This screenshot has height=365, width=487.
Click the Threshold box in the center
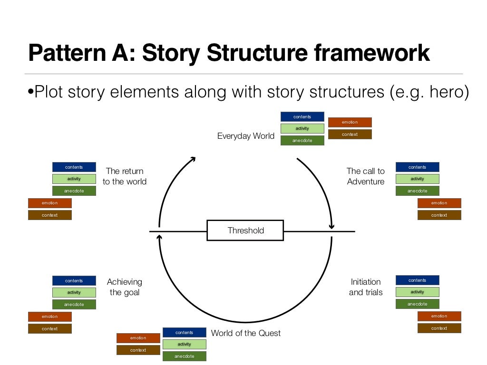(x=245, y=231)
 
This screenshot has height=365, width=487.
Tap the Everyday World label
(x=245, y=136)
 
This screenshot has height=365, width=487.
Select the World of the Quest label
(x=245, y=333)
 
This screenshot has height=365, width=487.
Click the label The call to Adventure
(x=365, y=176)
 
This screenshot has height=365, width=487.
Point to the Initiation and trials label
(x=365, y=287)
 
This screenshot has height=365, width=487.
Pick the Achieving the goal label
(x=125, y=287)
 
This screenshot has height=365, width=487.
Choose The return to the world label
(x=125, y=176)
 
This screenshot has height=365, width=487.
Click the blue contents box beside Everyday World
(x=302, y=117)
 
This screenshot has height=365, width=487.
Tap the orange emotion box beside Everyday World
(x=350, y=123)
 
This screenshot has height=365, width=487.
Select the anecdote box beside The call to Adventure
(x=417, y=191)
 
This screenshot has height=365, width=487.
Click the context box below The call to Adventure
(x=439, y=215)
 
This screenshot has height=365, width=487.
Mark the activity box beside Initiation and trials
(x=417, y=292)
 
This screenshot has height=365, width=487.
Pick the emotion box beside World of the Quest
(x=138, y=338)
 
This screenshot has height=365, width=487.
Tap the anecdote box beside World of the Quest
(x=184, y=356)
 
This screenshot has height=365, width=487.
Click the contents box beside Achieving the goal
(x=74, y=281)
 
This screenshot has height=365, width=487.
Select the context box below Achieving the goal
(x=49, y=329)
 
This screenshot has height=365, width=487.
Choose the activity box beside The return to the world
(x=74, y=179)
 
